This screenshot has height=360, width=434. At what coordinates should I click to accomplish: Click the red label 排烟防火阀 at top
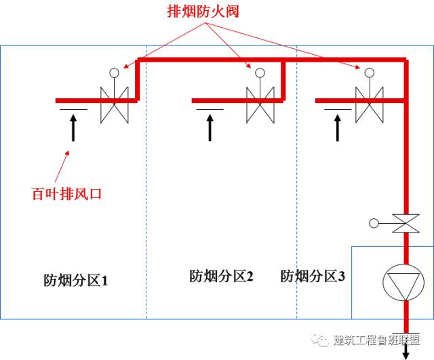pyautogui.click(x=204, y=12)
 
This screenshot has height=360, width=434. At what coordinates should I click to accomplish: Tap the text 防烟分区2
pyautogui.click(x=221, y=276)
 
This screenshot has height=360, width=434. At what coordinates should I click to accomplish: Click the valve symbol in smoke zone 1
pyautogui.click(x=114, y=104)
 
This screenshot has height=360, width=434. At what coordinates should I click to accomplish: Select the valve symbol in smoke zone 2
pyautogui.click(x=260, y=104)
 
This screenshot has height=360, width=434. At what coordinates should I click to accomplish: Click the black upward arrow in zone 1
pyautogui.click(x=73, y=127)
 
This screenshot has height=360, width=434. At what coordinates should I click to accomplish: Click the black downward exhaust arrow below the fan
pyautogui.click(x=406, y=351)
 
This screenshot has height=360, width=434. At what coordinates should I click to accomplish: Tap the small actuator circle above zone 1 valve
pyautogui.click(x=114, y=72)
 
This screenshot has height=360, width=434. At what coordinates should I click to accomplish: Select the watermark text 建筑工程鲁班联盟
pyautogui.click(x=376, y=340)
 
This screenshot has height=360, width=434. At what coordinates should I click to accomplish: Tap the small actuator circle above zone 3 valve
pyautogui.click(x=369, y=72)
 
